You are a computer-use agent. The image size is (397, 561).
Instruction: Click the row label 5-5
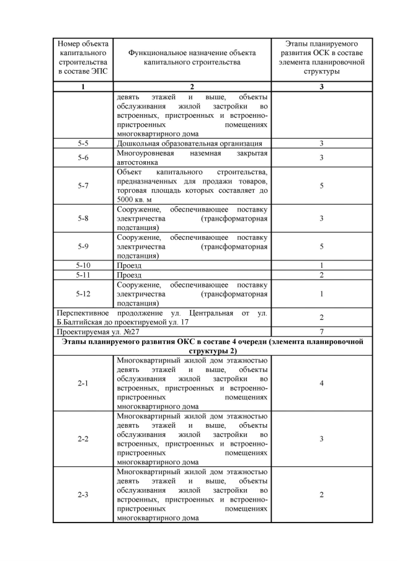click(x=83, y=143)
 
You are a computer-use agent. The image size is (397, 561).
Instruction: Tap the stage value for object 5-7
click(x=321, y=185)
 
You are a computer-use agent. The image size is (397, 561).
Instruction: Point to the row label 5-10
click(x=83, y=265)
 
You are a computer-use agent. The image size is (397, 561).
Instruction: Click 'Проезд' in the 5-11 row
click(x=129, y=275)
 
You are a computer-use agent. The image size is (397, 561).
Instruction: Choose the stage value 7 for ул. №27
click(x=321, y=332)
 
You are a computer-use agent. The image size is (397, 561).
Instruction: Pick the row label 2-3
click(x=83, y=495)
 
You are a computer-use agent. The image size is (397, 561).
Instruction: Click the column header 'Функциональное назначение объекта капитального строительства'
click(x=192, y=58)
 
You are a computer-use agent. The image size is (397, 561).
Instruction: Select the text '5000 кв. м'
click(x=133, y=200)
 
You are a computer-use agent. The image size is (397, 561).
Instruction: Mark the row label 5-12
click(x=83, y=294)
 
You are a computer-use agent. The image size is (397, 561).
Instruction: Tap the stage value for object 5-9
click(x=321, y=246)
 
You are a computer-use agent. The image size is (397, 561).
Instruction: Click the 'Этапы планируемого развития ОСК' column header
click(x=321, y=58)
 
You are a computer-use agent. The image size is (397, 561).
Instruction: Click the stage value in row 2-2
click(x=321, y=439)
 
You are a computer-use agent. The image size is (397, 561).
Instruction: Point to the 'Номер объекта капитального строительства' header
click(x=83, y=58)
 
